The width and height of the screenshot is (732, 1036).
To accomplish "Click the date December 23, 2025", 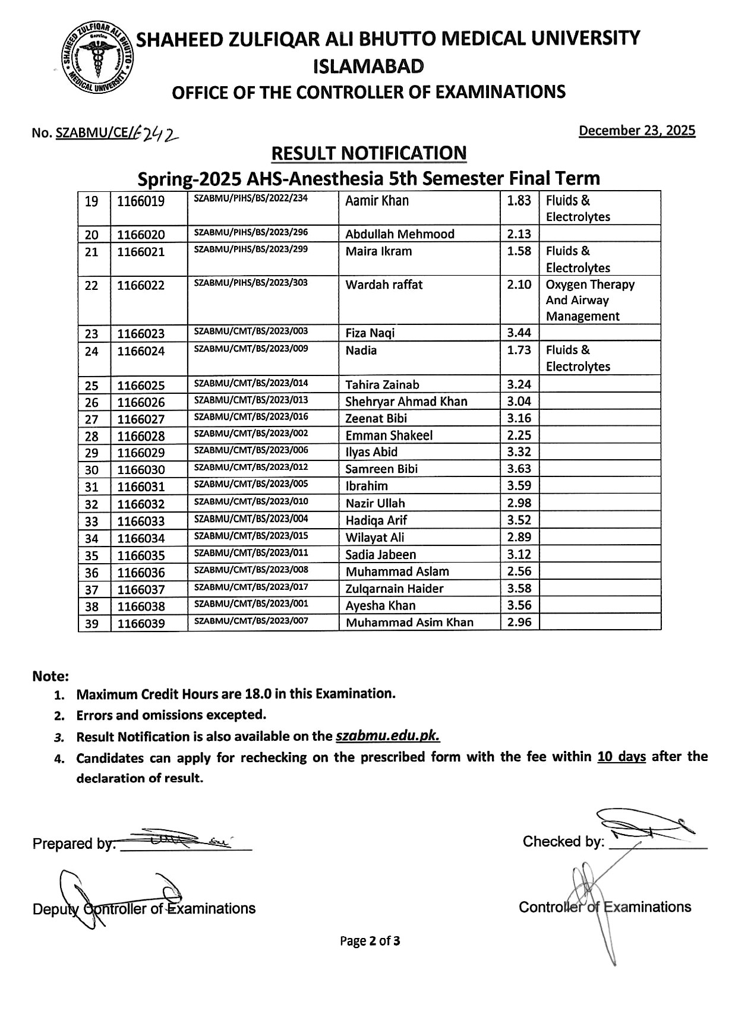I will pyautogui.click(x=637, y=131).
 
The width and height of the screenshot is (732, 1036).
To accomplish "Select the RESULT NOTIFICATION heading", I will pyautogui.click(x=368, y=153).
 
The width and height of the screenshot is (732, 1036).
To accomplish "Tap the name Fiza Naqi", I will pyautogui.click(x=370, y=333).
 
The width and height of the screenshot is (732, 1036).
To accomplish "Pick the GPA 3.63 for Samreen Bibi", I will pyautogui.click(x=519, y=469).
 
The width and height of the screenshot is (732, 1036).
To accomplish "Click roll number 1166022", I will pyautogui.click(x=141, y=285).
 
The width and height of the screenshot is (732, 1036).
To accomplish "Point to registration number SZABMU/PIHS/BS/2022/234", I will pyautogui.click(x=251, y=198).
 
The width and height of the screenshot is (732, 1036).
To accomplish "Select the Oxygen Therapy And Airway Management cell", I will pyautogui.click(x=589, y=300).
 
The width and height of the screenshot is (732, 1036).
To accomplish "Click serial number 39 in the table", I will pyautogui.click(x=91, y=623).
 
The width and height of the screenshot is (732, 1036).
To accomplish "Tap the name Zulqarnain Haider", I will pyautogui.click(x=395, y=589).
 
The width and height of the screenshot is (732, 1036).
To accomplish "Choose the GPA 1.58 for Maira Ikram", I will pyautogui.click(x=519, y=251).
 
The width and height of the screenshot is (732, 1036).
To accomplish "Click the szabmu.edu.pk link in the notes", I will pyautogui.click(x=387, y=737).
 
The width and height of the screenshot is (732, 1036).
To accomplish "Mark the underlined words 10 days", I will pyautogui.click(x=621, y=757).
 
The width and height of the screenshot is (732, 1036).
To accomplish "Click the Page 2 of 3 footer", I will pyautogui.click(x=370, y=941).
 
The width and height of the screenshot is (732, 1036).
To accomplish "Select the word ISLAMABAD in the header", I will pyautogui.click(x=368, y=66).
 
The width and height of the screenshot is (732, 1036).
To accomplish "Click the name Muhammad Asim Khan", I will pyautogui.click(x=409, y=623).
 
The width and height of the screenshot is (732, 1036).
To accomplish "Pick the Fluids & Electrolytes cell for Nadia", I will pyautogui.click(x=578, y=358).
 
